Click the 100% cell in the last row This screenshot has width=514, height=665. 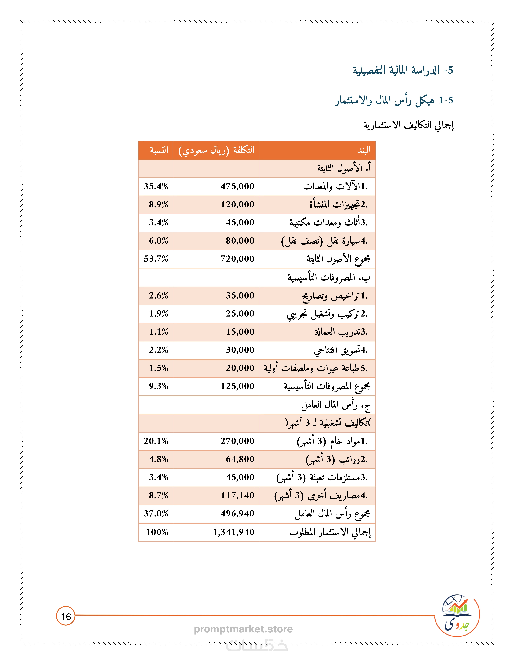pos(157,532)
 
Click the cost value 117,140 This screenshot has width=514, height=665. pos(238,495)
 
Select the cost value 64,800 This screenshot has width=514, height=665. pos(240,459)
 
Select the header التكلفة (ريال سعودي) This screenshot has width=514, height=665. pos(216,150)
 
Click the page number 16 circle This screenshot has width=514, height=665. pos(66,617)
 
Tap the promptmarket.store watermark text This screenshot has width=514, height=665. pos(243,629)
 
